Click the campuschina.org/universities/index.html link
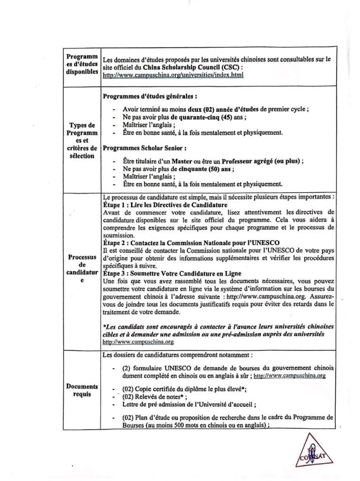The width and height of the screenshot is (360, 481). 172,75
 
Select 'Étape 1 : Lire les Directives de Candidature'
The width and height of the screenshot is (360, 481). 165,205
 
